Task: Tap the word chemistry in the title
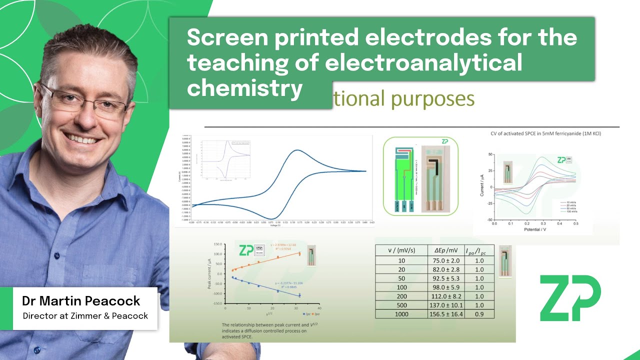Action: coord(245,88)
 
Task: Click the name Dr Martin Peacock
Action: coord(81,301)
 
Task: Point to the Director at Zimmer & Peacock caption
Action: coord(85,316)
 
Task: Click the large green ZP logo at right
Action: coord(570,298)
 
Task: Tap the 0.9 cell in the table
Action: coord(479,314)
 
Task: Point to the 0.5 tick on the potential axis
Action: coord(575,223)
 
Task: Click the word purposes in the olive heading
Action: coord(432,99)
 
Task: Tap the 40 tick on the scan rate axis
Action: coord(319,308)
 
